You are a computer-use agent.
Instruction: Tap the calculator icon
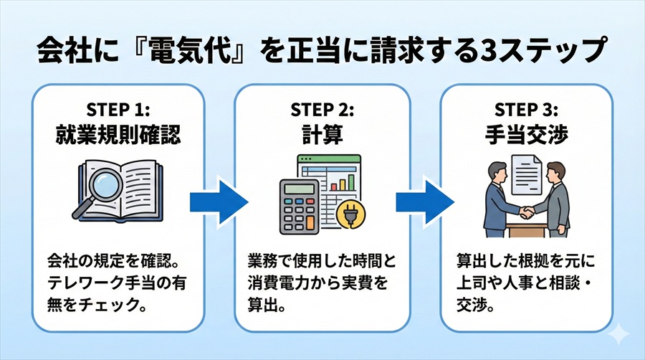pos(300,202)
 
